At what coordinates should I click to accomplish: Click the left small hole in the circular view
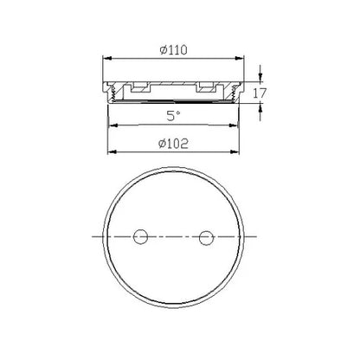[141, 237]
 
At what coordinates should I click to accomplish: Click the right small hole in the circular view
[205, 237]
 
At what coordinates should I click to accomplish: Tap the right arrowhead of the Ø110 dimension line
[252, 59]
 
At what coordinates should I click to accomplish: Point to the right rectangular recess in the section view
[207, 87]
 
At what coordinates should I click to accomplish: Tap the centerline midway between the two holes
[173, 237]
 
